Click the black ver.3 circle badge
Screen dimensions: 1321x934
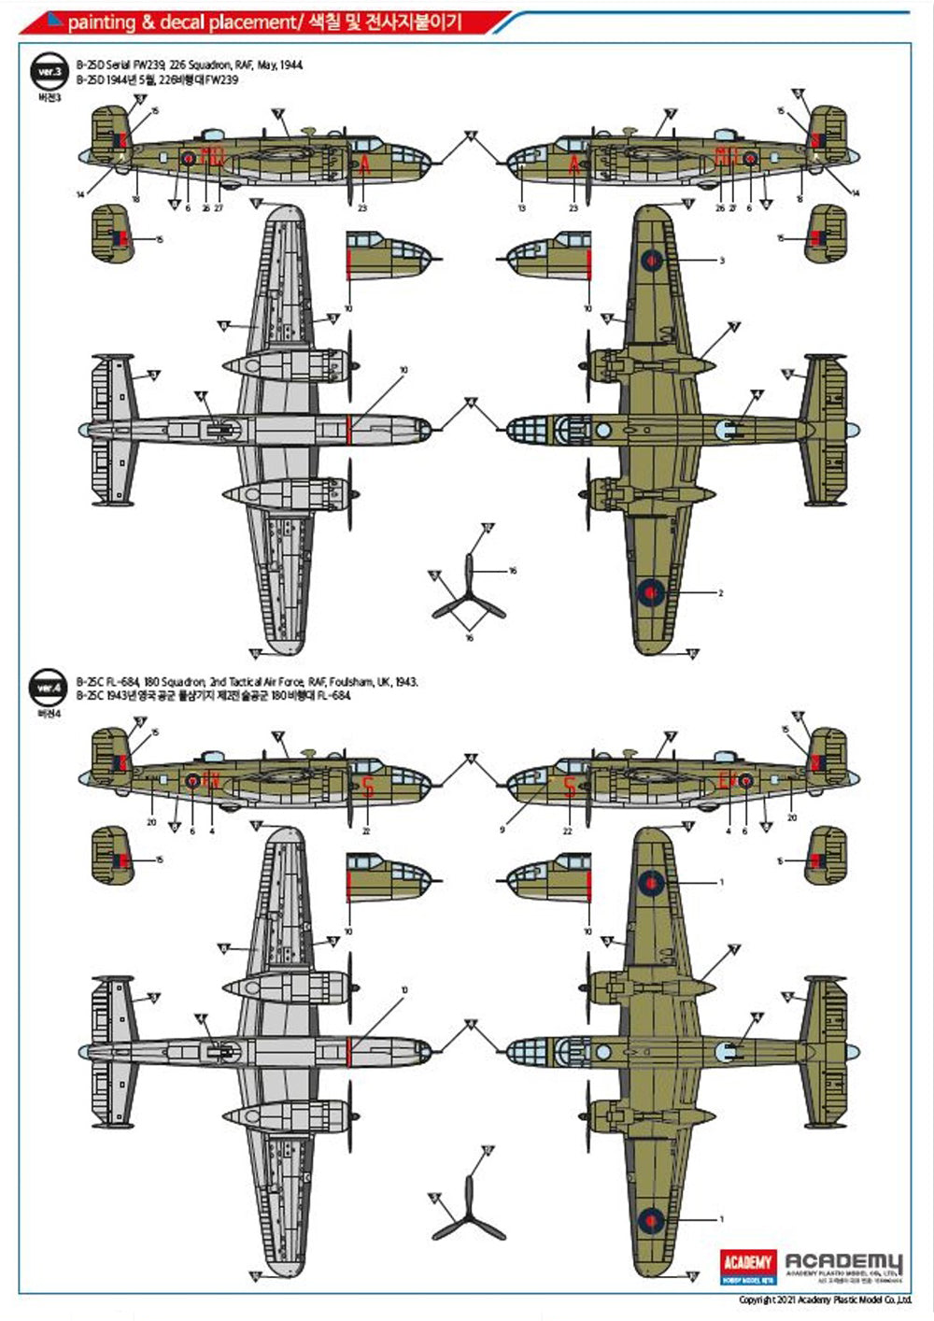click(x=48, y=72)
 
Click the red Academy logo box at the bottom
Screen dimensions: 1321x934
click(x=749, y=1265)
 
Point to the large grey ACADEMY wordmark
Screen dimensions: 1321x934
click(x=843, y=1262)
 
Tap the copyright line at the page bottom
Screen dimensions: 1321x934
click(x=825, y=1300)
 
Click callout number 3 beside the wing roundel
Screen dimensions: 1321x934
click(x=722, y=261)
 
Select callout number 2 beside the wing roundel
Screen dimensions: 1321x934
click(x=720, y=592)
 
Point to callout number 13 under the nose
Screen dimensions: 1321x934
click(x=522, y=208)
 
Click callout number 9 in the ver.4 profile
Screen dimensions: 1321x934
click(x=502, y=830)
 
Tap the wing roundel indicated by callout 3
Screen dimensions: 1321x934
click(x=651, y=260)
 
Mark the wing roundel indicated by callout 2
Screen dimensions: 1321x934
click(x=651, y=590)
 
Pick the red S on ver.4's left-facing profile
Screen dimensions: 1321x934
click(x=569, y=788)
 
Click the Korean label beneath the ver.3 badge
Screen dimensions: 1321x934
click(x=48, y=97)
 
